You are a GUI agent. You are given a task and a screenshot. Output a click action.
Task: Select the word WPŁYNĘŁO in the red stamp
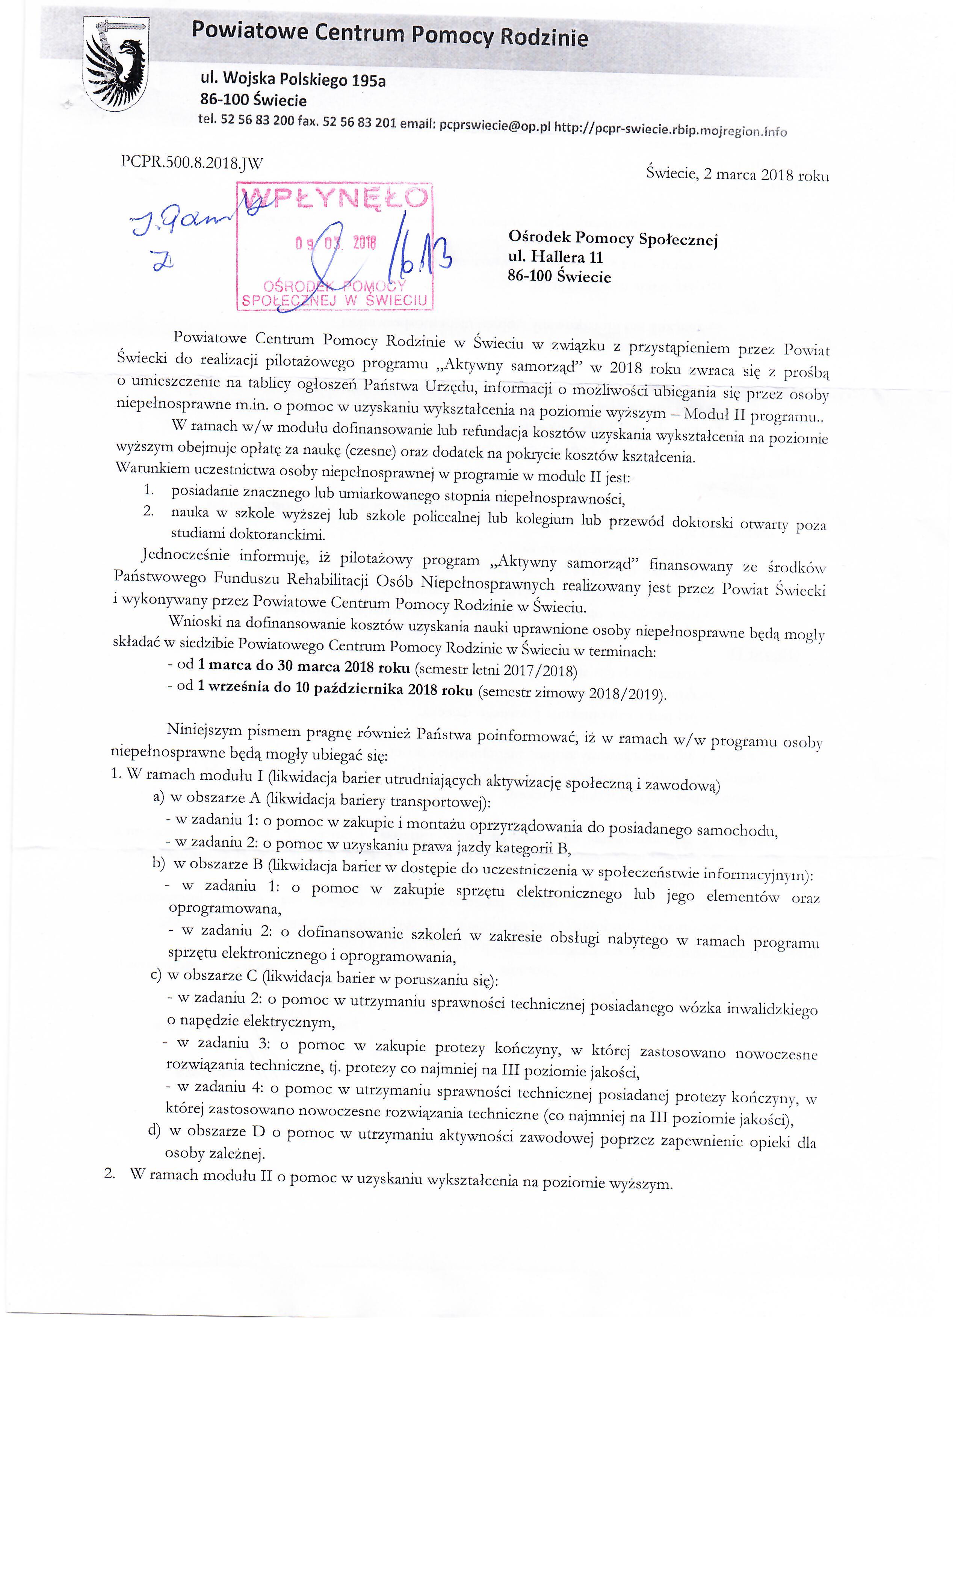[335, 198]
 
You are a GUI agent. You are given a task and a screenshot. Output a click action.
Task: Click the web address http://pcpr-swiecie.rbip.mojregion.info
[670, 129]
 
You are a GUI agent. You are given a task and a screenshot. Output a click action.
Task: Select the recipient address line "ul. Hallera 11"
[555, 258]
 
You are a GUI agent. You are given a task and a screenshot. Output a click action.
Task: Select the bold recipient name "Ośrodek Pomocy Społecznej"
[613, 238]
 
